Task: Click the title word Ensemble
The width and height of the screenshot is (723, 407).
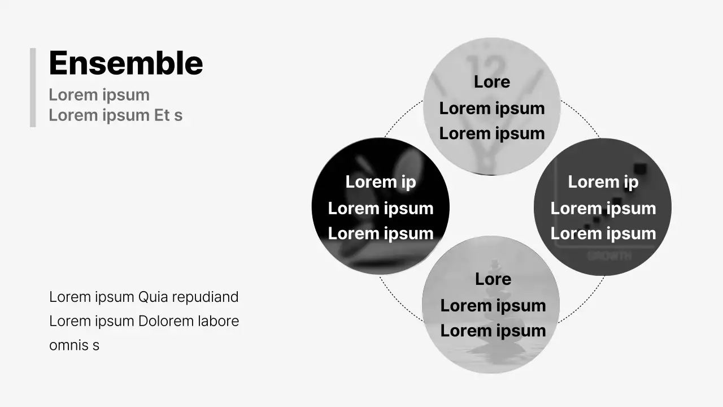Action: (x=126, y=63)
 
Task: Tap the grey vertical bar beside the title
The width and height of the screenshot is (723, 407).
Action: (x=33, y=88)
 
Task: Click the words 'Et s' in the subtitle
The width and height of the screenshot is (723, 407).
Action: (x=168, y=115)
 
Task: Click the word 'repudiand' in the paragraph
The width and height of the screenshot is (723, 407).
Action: (x=205, y=297)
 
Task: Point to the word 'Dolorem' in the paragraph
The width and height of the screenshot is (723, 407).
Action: (x=166, y=321)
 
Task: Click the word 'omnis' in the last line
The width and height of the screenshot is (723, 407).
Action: (x=69, y=345)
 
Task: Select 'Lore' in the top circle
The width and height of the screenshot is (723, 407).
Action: (x=492, y=82)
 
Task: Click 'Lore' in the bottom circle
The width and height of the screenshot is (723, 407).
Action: (x=493, y=279)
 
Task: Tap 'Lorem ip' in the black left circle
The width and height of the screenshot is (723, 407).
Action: (x=381, y=182)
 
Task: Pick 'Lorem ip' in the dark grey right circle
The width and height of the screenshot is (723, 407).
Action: (x=603, y=182)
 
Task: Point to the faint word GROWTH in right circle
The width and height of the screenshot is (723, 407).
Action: (x=609, y=256)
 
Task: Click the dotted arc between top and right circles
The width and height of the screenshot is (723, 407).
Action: (x=581, y=116)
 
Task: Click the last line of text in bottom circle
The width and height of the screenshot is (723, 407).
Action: (x=493, y=331)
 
